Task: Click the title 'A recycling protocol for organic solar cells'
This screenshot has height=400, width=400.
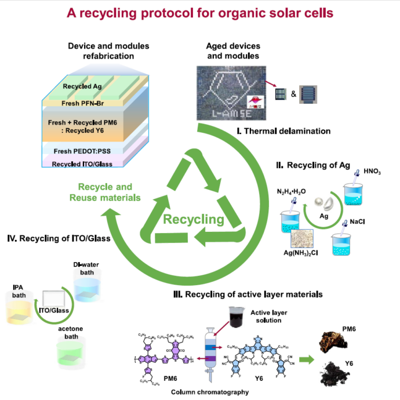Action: [x=200, y=12]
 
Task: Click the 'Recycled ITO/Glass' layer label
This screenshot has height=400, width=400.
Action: [x=82, y=164]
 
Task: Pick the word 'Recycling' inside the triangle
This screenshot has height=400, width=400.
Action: [x=193, y=219]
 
